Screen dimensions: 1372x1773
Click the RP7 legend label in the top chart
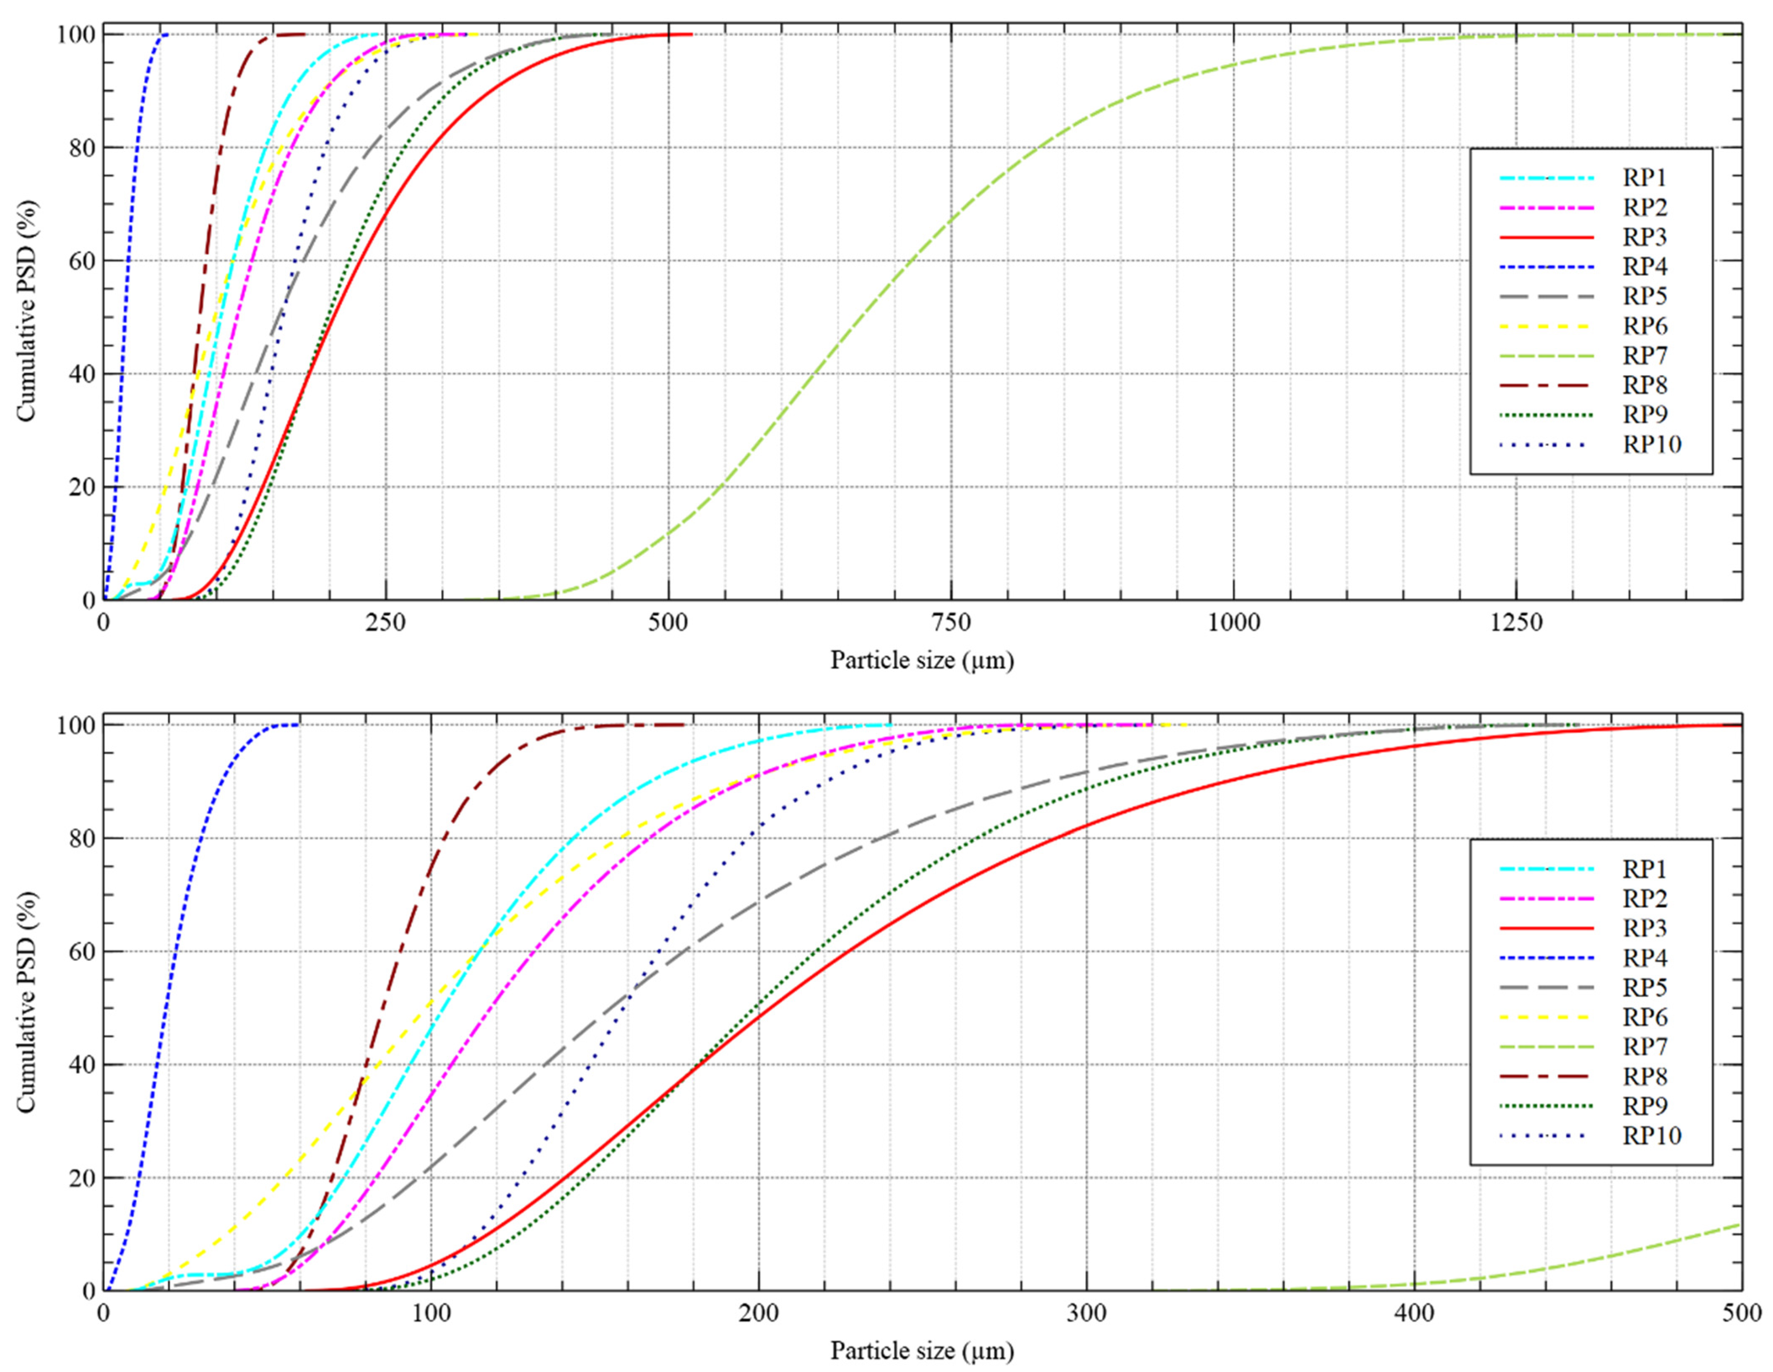click(x=1645, y=356)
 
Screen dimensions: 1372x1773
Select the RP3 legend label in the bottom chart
click(x=1645, y=928)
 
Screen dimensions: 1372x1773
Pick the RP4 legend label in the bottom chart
click(x=1645, y=958)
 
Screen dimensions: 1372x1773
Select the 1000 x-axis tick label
click(x=1233, y=623)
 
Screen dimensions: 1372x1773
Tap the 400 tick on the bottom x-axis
click(x=1414, y=1314)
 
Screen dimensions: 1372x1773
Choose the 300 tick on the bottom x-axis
click(x=1086, y=1314)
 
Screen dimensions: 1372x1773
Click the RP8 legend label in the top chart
click(x=1645, y=385)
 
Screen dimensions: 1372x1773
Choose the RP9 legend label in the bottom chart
click(x=1645, y=1106)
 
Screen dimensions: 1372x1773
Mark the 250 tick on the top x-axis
click(x=386, y=623)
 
